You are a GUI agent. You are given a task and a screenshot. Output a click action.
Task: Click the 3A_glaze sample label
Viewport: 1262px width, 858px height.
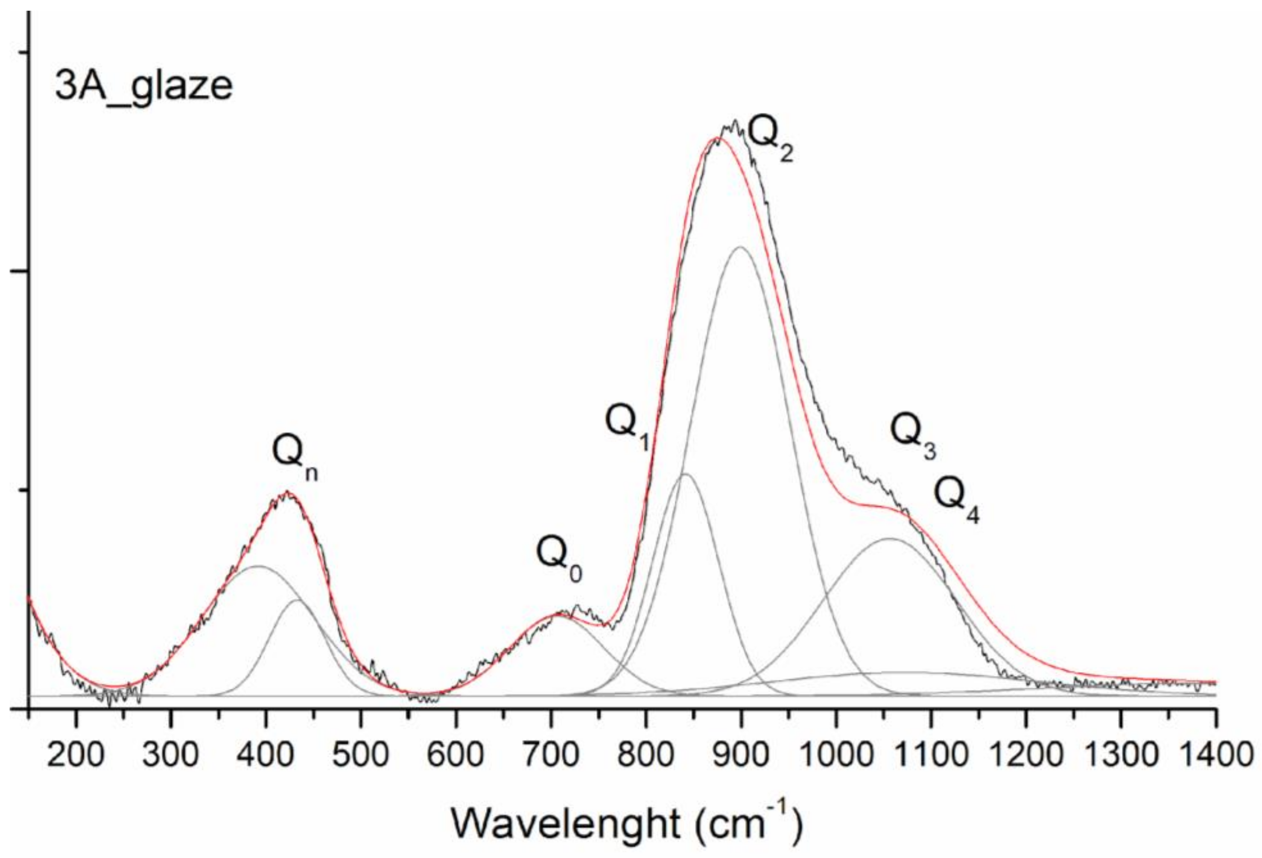(x=144, y=87)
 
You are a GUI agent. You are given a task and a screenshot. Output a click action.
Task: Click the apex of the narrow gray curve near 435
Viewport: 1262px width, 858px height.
(x=296, y=600)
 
